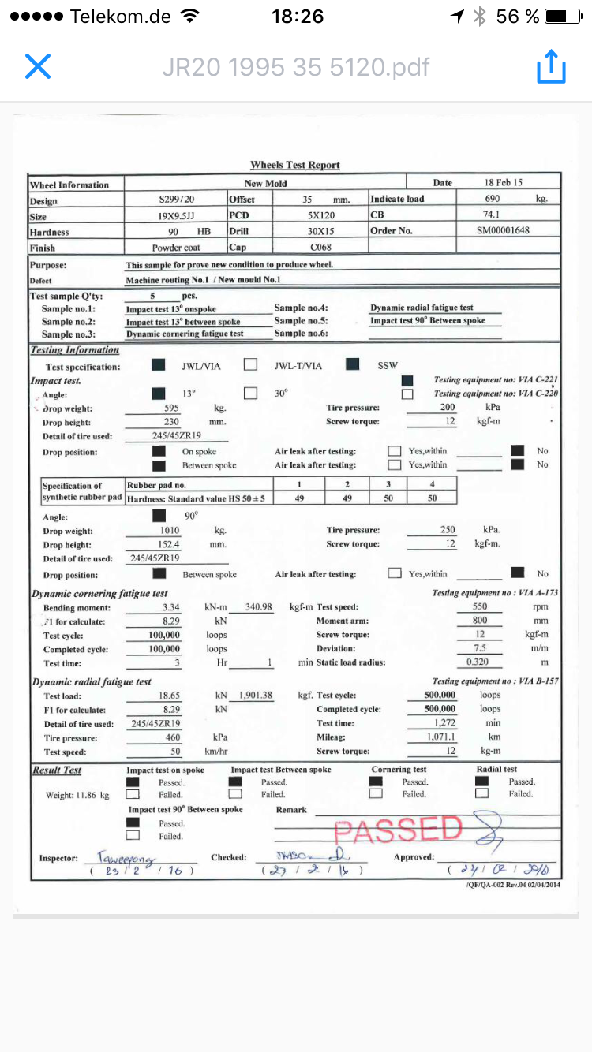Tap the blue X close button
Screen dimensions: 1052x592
(x=38, y=66)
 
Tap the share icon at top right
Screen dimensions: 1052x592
(x=551, y=66)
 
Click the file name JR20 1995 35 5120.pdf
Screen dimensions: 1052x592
(x=296, y=67)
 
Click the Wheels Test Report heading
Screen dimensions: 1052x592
(x=295, y=165)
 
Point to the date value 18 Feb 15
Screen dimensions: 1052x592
(x=504, y=183)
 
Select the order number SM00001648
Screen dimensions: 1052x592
(x=504, y=231)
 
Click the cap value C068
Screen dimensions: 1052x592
(x=320, y=248)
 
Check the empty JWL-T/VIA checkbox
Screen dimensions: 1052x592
(x=251, y=365)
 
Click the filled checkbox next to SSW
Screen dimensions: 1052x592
(x=353, y=365)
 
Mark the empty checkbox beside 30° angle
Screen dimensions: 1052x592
(x=251, y=393)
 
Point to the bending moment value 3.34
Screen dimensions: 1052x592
(x=170, y=608)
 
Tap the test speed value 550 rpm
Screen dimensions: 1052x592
(x=480, y=608)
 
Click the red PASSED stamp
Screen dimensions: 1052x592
(x=398, y=829)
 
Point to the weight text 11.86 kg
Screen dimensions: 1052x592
(x=77, y=796)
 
